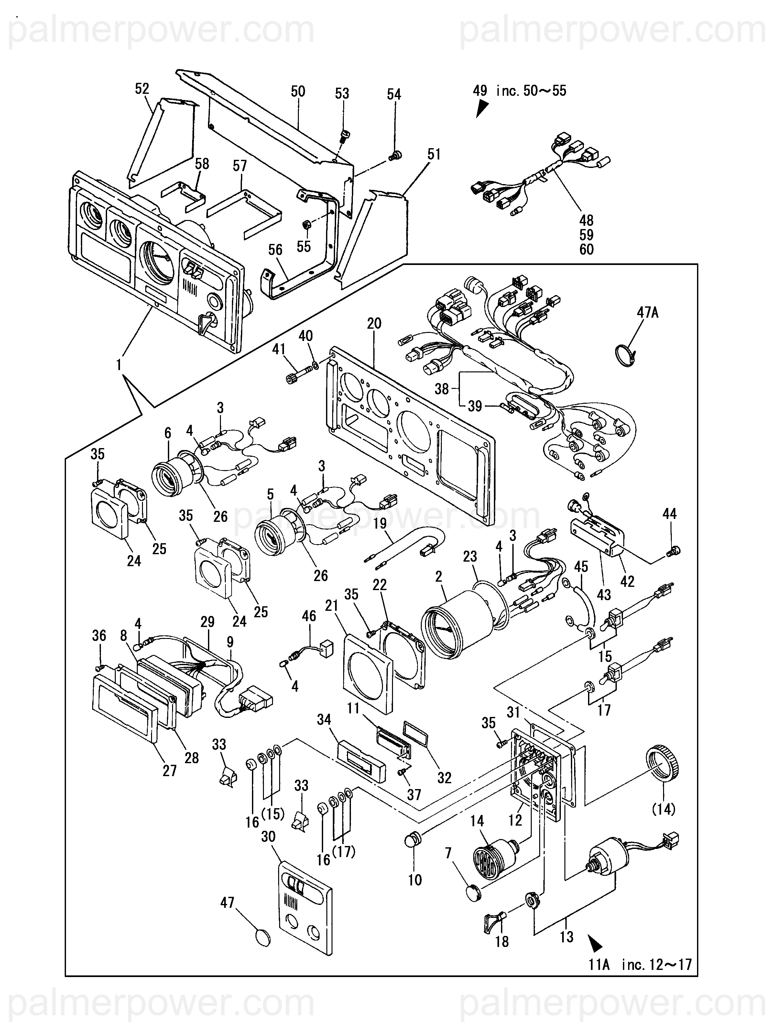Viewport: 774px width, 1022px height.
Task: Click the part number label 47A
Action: (648, 313)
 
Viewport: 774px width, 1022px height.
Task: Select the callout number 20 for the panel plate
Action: (374, 324)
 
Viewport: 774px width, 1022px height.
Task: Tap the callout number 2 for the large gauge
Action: (438, 576)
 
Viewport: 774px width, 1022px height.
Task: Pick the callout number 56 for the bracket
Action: (275, 250)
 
